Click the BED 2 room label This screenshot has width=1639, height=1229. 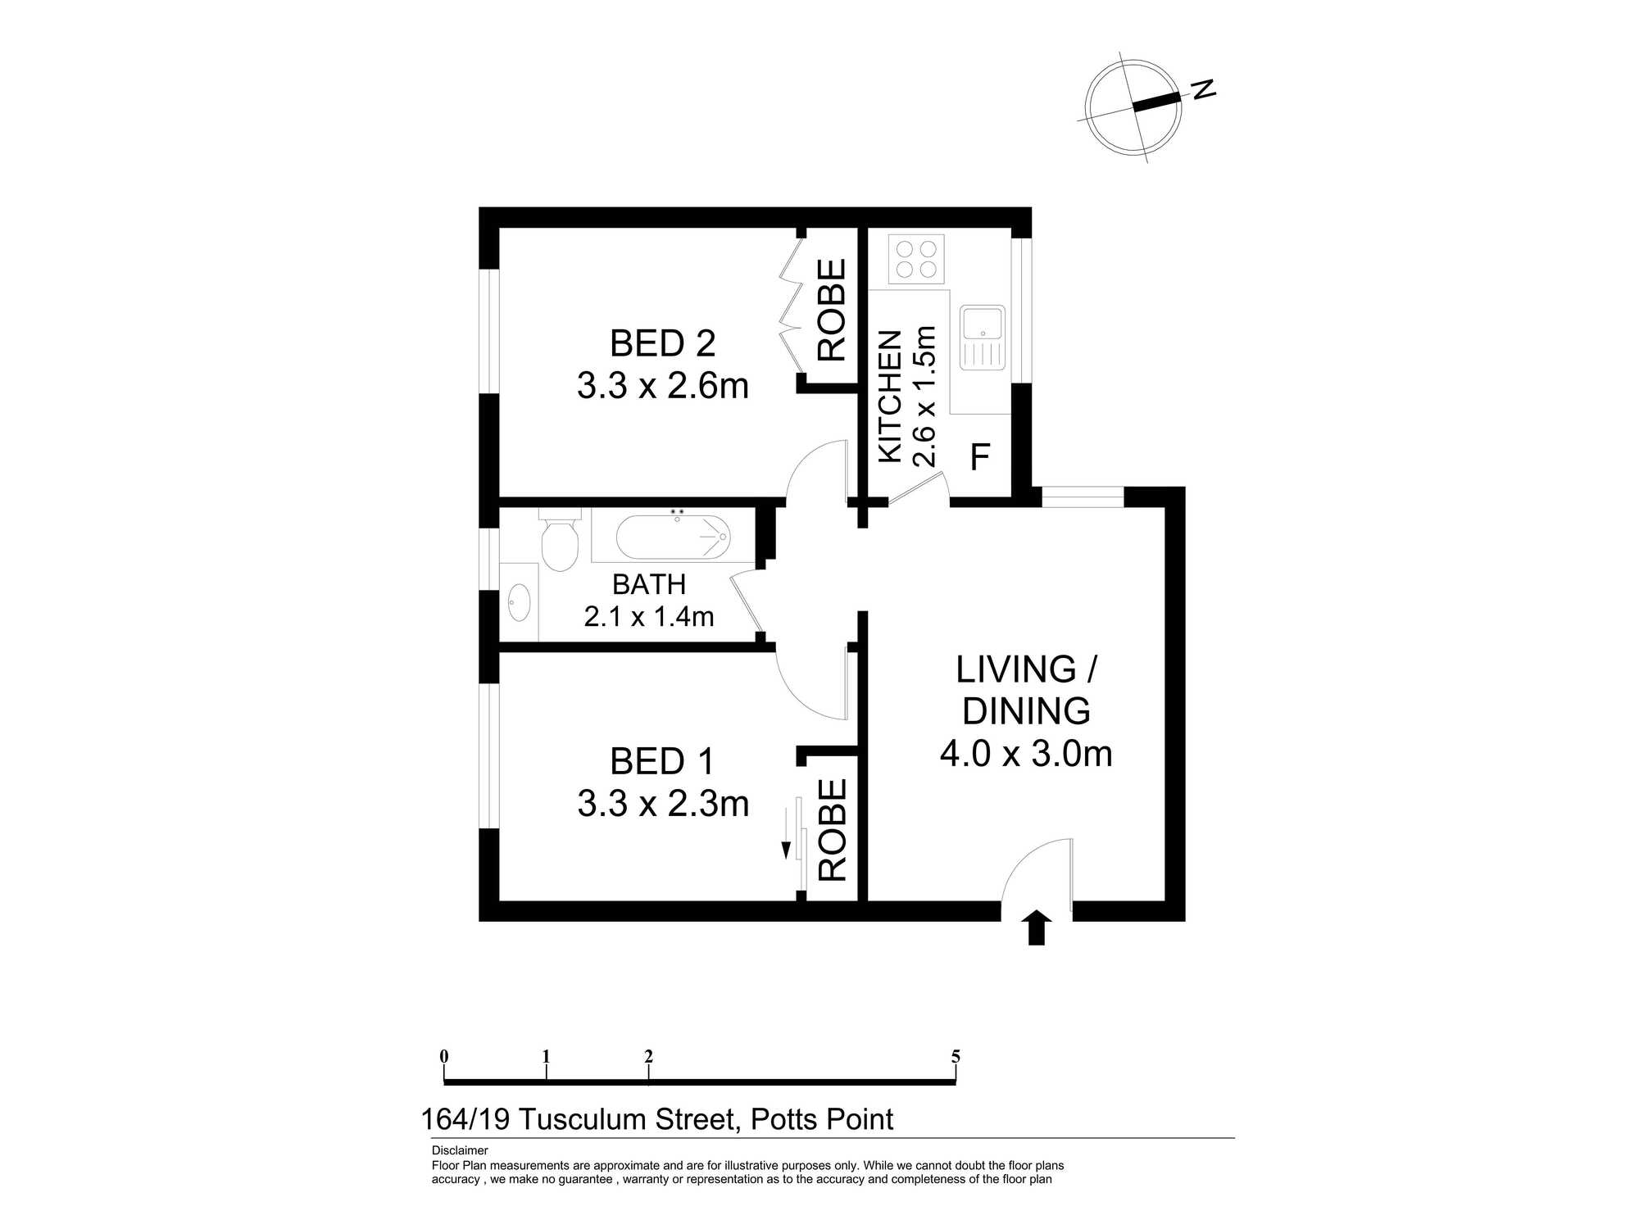click(x=663, y=343)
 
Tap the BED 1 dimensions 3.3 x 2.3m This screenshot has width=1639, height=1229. click(x=663, y=804)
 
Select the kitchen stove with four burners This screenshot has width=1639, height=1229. click(x=916, y=258)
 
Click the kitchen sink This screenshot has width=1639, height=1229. click(x=983, y=338)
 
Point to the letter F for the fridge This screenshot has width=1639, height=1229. click(x=980, y=457)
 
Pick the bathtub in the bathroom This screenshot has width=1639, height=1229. click(x=672, y=537)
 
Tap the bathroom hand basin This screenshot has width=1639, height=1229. click(x=519, y=603)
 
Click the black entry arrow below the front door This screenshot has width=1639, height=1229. click(x=1037, y=927)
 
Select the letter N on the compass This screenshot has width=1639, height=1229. click(x=1203, y=89)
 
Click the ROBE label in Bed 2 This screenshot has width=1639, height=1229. click(x=832, y=310)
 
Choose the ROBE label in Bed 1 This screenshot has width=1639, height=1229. click(x=832, y=830)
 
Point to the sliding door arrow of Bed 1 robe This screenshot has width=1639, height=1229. click(x=787, y=833)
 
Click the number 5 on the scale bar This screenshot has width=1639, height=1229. click(x=956, y=1056)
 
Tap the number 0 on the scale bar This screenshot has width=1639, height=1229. click(x=444, y=1056)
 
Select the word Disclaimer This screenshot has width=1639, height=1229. click(x=460, y=1151)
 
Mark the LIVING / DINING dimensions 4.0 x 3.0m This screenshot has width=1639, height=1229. click(x=1026, y=754)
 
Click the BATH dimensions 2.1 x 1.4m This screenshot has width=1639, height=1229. click(x=649, y=616)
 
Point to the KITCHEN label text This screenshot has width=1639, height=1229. click(x=890, y=397)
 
